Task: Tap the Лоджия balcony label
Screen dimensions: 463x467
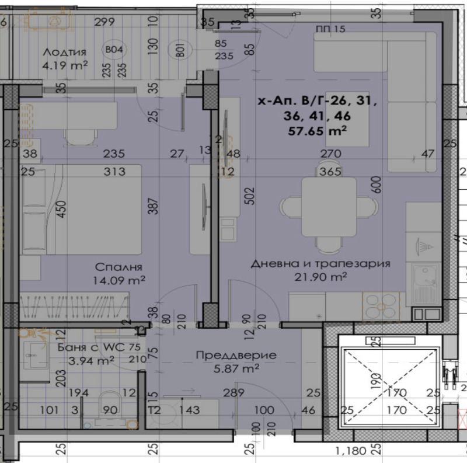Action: [x=64, y=52]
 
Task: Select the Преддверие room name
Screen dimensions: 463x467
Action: [x=236, y=355]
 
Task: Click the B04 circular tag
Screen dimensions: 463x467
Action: [x=113, y=50]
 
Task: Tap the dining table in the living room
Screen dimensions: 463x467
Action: [x=329, y=207]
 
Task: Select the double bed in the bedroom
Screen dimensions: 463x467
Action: [x=82, y=209]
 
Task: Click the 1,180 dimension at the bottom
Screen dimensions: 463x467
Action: [x=350, y=450]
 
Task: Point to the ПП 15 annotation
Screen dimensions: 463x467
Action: [x=330, y=29]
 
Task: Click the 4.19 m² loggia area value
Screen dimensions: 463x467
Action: [x=64, y=65]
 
